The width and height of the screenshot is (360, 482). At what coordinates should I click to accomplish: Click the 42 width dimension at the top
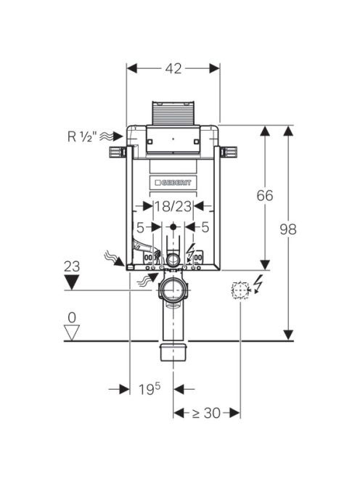tap(173, 68)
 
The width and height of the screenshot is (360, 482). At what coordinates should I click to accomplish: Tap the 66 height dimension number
tap(265, 195)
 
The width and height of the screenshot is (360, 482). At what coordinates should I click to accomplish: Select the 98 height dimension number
tap(288, 229)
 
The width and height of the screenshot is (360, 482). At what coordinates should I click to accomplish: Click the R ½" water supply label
tap(82, 136)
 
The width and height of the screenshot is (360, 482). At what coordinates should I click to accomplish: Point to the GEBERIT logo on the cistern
tap(173, 183)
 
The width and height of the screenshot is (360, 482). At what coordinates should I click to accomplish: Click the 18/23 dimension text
tap(173, 206)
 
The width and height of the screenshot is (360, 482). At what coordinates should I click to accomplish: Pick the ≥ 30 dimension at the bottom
tap(206, 413)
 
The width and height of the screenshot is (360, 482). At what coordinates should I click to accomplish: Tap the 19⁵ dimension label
tap(150, 389)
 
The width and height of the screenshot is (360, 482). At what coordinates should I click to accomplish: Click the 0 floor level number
tap(72, 317)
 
